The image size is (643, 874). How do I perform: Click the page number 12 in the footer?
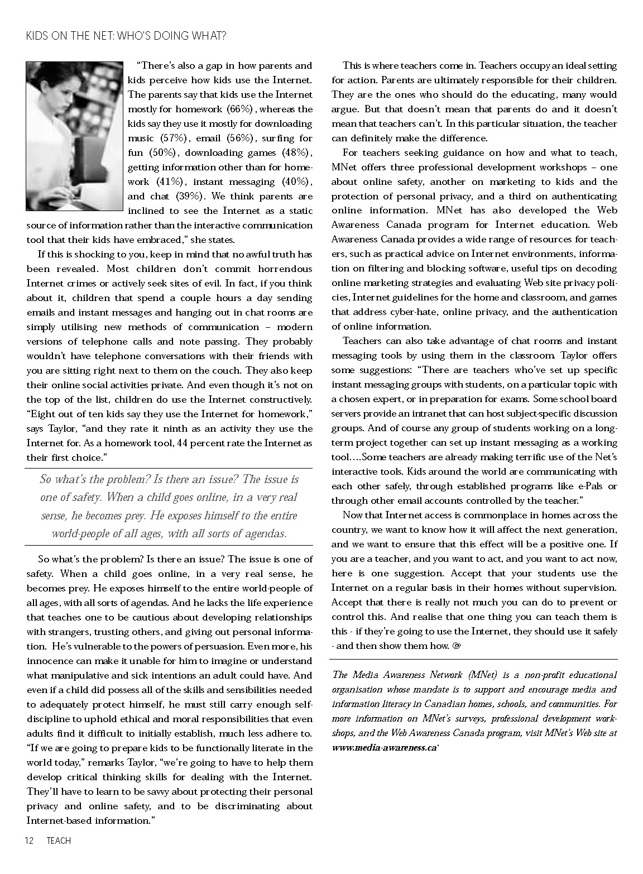[29, 840]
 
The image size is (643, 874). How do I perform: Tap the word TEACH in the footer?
[59, 840]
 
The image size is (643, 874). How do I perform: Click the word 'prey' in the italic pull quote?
[134, 516]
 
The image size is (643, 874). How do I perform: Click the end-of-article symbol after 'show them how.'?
[455, 646]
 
